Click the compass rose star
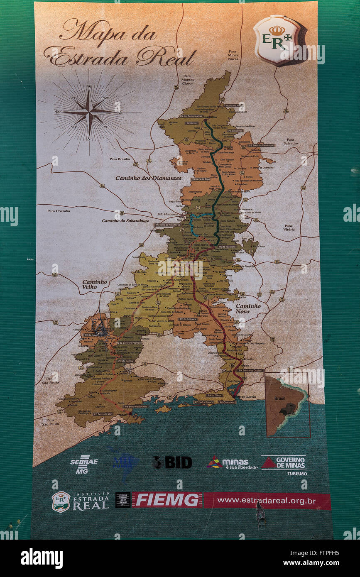(89, 111)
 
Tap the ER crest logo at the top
(277, 40)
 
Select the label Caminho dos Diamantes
(148, 178)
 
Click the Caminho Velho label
(94, 284)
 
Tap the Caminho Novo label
(248, 308)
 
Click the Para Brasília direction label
(120, 159)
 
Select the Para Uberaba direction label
(59, 211)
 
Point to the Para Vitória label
(289, 227)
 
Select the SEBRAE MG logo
(84, 464)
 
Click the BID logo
(172, 462)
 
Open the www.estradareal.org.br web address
(266, 501)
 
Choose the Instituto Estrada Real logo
(81, 501)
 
